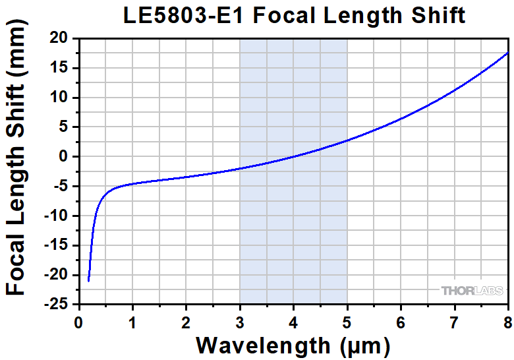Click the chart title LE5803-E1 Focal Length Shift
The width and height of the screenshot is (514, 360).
[x=294, y=15]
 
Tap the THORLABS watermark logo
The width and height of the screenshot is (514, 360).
[x=471, y=290]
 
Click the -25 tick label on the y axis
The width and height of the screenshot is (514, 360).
[x=60, y=305]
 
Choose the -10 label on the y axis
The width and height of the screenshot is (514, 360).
[x=60, y=216]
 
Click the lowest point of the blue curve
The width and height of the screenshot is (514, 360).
[x=88, y=281]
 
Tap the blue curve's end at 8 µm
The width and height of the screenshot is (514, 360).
[x=507, y=53]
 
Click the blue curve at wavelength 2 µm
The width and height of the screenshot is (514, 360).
[x=186, y=177]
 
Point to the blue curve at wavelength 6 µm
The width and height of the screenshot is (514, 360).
[x=401, y=119]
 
